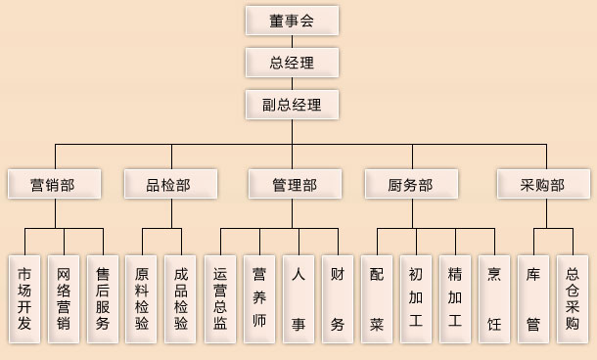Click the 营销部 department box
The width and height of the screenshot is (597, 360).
coord(54,184)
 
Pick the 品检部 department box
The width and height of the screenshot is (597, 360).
coord(171,184)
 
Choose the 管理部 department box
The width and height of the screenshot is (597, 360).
coord(295,184)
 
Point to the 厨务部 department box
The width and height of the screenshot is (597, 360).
coord(411,184)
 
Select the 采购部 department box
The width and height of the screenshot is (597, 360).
coord(542,184)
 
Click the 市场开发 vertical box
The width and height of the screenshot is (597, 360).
coord(25,298)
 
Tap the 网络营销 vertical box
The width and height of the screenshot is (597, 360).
coord(65,298)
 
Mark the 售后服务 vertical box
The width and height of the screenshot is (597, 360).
coord(104,298)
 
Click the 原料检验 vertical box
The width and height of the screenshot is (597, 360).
coord(143,298)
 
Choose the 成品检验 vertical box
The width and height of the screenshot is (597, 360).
coord(181,298)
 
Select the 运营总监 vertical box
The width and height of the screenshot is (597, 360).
coord(220,298)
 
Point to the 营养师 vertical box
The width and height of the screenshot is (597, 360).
coord(259,298)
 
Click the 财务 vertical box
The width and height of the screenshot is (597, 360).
coord(338,298)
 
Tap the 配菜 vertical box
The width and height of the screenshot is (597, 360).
coord(377,298)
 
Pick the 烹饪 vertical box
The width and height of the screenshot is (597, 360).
coord(494,298)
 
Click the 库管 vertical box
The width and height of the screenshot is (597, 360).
coord(533,298)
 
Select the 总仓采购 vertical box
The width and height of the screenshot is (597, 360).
coord(573,298)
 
